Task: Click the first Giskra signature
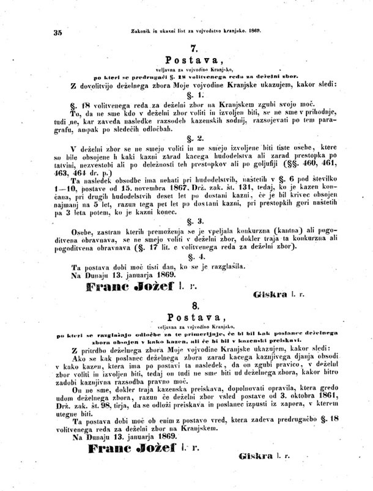[266, 294]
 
